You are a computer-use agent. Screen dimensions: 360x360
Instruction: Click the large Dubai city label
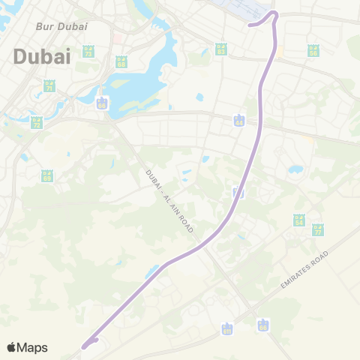(42, 55)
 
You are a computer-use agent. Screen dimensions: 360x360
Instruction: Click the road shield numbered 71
(49, 86)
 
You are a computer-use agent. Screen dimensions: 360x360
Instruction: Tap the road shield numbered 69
(47, 176)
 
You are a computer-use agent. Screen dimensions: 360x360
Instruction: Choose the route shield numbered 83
(220, 49)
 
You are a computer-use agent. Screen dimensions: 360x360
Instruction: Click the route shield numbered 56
(313, 50)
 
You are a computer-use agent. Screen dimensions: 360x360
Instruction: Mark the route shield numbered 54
(299, 220)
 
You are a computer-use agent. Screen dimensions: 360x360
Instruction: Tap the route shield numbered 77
(317, 229)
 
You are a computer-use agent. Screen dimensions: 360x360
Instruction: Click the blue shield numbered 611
(227, 328)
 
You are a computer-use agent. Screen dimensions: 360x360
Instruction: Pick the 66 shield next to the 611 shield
(262, 325)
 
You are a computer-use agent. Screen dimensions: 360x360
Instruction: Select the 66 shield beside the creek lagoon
(101, 103)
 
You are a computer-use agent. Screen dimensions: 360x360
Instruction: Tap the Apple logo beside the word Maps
(11, 347)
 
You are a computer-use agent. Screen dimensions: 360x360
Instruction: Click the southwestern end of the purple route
(84, 346)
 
